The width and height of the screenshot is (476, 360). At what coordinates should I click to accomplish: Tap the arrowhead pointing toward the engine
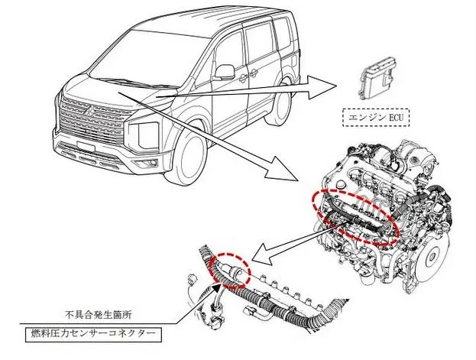click(x=287, y=173)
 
